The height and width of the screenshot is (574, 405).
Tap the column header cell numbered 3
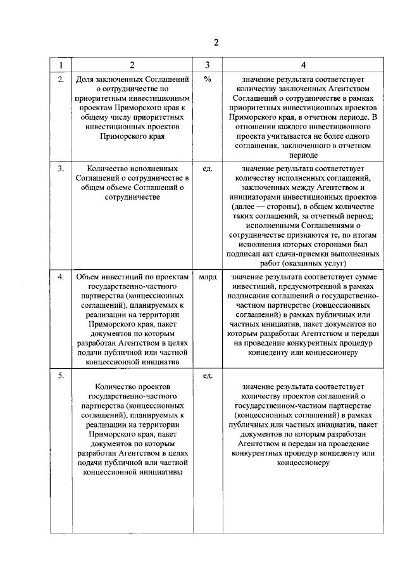pos(207,65)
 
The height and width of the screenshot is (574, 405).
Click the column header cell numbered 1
pos(60,65)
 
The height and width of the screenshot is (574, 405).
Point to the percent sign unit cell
pos(207,80)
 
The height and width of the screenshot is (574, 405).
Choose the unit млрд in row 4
pos(207,277)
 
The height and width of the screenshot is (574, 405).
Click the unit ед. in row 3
pos(207,169)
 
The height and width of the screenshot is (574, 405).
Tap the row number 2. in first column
pos(61,80)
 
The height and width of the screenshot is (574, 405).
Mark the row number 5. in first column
pos(61,376)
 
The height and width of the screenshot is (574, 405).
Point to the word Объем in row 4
pos(89,277)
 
